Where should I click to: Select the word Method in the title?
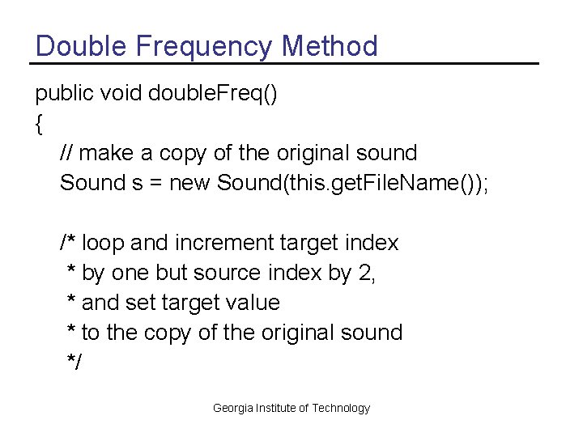coord(330,45)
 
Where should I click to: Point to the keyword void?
coord(118,93)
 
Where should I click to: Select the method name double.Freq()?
coord(213,94)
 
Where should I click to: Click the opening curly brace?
coord(39,124)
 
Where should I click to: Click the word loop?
coord(104,243)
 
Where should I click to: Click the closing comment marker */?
coord(74,363)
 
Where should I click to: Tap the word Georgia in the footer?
coord(232,408)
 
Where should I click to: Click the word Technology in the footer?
coord(341,408)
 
